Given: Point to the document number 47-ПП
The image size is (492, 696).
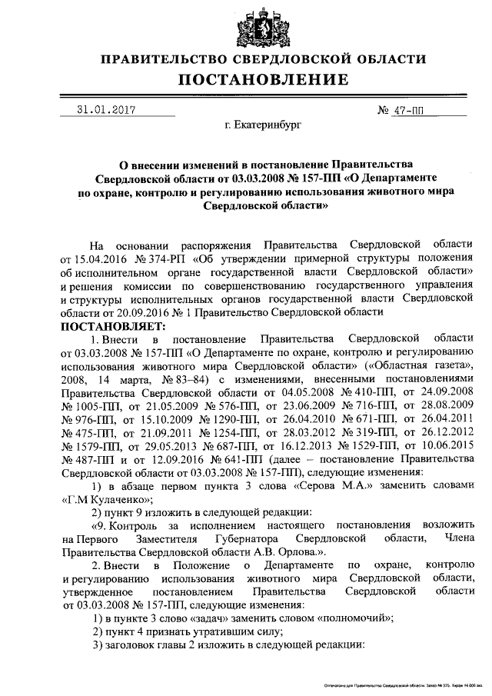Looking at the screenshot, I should (407, 111).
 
